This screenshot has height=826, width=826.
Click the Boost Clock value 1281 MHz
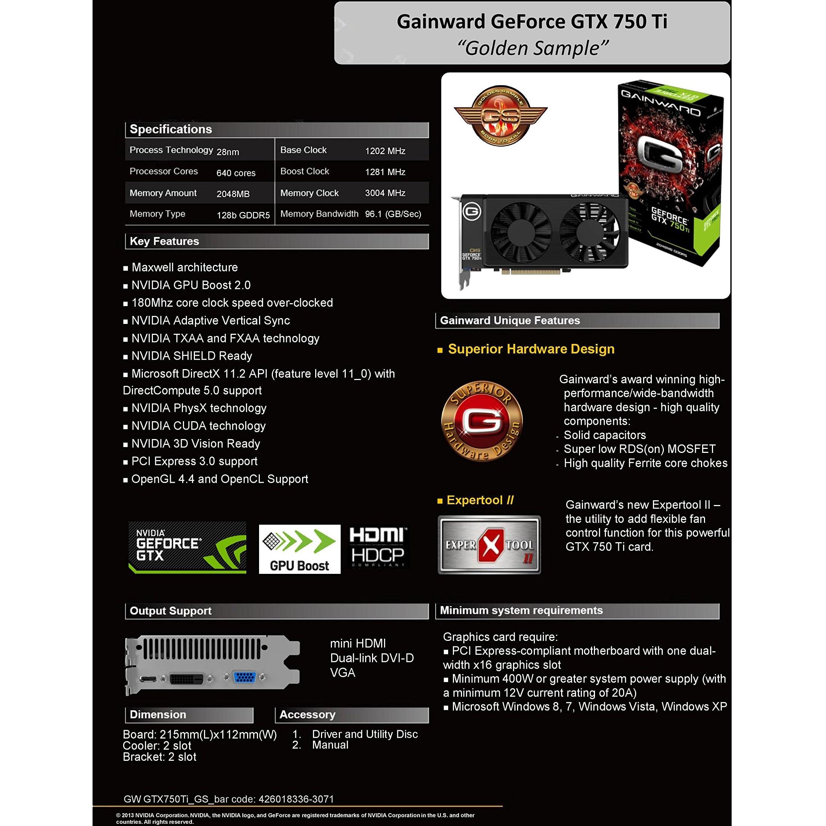[x=385, y=172]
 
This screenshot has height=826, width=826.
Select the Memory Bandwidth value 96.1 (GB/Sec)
[x=393, y=214]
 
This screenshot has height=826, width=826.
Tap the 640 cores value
[x=236, y=173]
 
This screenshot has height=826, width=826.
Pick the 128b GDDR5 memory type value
[x=243, y=215]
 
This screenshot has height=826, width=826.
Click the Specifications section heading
[x=171, y=129]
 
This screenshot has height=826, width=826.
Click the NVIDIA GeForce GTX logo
[x=187, y=547]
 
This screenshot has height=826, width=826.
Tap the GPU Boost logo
[x=300, y=549]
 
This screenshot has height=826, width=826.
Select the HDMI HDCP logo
[x=377, y=547]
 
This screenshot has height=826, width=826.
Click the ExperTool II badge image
[x=489, y=545]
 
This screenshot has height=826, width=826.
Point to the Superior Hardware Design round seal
[x=482, y=421]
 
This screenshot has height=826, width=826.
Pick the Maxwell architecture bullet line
[x=180, y=267]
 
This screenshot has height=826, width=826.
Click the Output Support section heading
[x=171, y=611]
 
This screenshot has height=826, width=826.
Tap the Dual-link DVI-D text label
[x=372, y=658]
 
